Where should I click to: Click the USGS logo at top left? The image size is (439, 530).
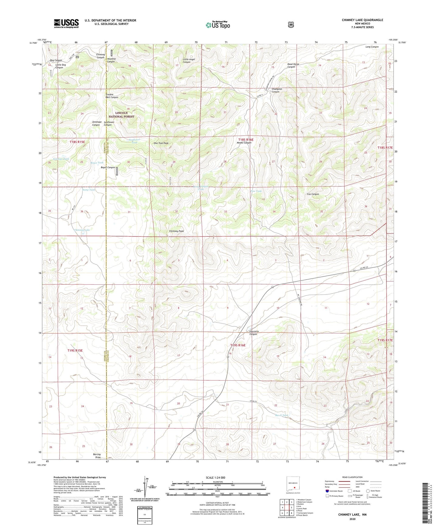pos(66,23)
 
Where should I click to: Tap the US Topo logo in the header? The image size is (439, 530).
pos(218,25)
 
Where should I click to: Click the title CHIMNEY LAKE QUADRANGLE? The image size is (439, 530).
pos(362,20)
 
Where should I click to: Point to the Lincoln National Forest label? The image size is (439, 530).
pos(122,114)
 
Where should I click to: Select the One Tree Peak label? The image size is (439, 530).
pos(161,143)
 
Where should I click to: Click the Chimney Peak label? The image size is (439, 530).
pos(176,231)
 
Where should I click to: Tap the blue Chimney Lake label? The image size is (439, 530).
pos(82,230)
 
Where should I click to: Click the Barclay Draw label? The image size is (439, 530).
pos(97,456)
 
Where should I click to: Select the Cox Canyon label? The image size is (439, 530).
pos(313,194)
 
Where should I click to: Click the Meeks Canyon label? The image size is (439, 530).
pos(244,143)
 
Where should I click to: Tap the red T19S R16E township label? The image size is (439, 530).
pos(238,345)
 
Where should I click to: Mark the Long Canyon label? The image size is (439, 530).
pos(372,47)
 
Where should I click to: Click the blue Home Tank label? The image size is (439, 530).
pos(89,190)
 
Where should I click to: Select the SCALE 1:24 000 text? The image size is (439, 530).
pos(215,477)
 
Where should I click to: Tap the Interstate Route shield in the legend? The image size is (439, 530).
pos(327,491)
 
